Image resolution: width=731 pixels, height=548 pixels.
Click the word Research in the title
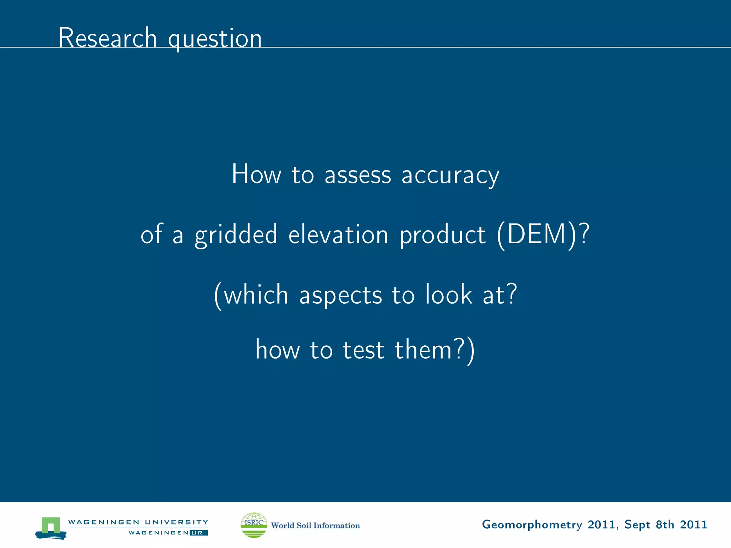tap(107, 37)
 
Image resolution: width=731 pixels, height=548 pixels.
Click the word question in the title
tap(215, 39)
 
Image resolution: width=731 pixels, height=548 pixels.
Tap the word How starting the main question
tap(256, 174)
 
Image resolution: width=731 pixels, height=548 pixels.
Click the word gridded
tap(236, 235)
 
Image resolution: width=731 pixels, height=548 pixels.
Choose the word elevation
tap(338, 235)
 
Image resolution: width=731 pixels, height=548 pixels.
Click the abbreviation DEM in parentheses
tap(536, 235)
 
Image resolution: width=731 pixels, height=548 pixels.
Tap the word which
tap(256, 295)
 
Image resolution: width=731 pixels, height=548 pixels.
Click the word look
tap(449, 295)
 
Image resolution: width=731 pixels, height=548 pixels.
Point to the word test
tap(363, 350)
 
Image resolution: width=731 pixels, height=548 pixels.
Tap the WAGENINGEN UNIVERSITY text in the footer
tap(138, 522)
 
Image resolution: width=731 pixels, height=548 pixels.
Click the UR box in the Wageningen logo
tap(198, 533)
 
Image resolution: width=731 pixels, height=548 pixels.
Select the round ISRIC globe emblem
tap(254, 525)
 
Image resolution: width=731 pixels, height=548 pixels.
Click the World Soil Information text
tap(316, 525)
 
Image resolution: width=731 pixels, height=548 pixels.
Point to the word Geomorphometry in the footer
tap(532, 524)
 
